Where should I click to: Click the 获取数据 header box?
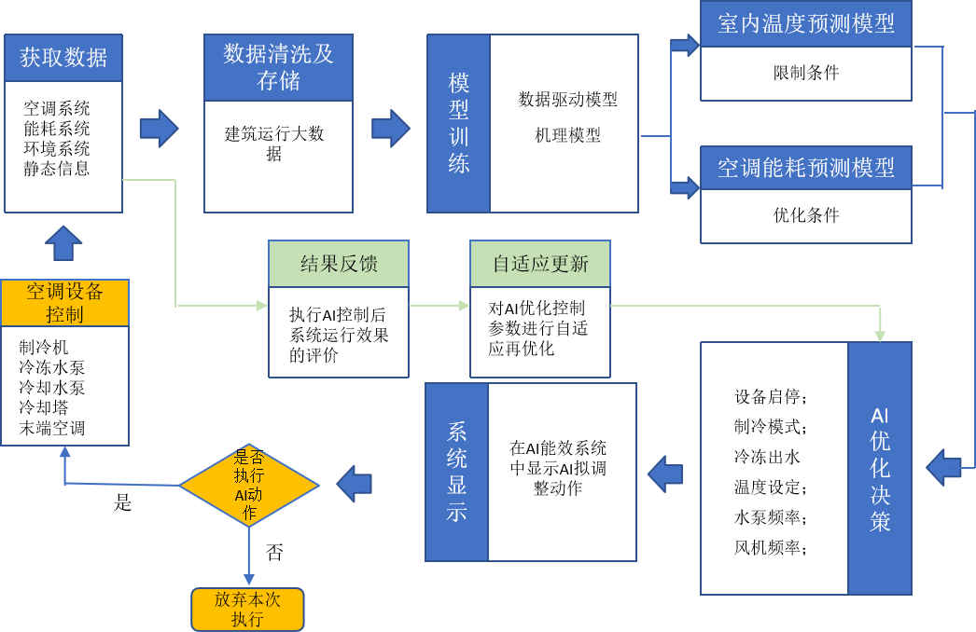63,58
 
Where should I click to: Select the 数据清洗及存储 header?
278,67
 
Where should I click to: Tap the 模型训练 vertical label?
458,123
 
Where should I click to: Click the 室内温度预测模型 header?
805,24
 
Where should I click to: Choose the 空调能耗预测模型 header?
805,168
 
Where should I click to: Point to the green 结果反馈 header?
339,264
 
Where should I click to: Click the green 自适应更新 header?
540,264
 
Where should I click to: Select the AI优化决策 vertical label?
880,468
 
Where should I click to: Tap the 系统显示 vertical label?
456,472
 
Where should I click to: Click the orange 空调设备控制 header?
64,303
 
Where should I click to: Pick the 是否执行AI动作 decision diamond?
248,485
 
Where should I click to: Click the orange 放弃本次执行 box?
247,609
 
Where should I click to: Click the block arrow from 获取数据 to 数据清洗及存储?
159,129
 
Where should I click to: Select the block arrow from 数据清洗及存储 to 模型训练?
390,129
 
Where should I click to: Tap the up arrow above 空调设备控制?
63,243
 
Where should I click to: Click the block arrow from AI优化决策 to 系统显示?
665,474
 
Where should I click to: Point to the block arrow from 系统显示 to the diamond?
355,484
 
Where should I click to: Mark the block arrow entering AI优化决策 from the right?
944,467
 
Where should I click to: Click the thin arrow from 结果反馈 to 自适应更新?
439,305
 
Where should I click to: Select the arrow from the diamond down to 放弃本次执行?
248,557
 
